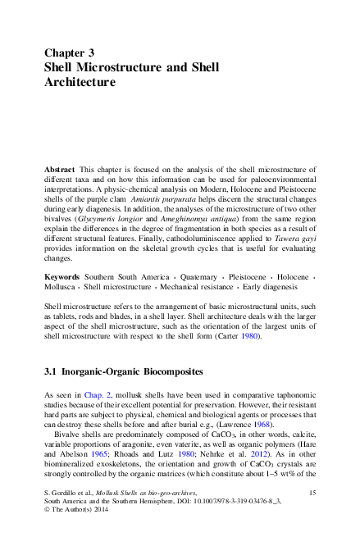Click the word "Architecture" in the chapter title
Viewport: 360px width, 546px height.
(79, 83)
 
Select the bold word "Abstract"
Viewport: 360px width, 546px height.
(61, 168)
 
